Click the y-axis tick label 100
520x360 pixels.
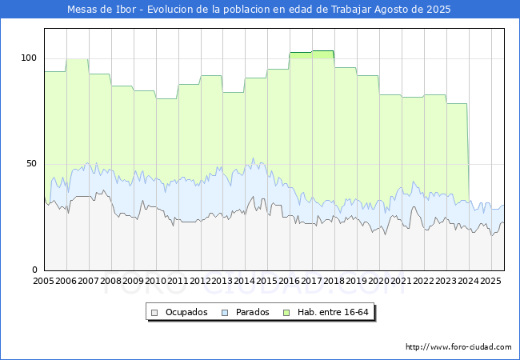29,58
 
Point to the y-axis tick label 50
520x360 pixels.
31,164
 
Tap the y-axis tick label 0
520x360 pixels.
34,270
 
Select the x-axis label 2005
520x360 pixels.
43,281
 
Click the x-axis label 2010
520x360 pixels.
155,281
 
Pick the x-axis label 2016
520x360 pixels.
290,281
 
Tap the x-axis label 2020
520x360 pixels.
379,281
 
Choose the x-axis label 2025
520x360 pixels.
490,281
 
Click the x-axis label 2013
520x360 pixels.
222,281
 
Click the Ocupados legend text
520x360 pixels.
186,312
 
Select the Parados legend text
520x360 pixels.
252,312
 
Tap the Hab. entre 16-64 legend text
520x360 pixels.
333,312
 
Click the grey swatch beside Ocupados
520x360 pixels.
154,313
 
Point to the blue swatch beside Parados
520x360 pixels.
225,313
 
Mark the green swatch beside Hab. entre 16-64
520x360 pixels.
286,313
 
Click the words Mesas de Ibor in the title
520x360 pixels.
102,10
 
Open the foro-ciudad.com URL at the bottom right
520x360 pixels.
458,347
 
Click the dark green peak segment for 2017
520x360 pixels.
323,50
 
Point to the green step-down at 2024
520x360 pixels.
468,153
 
